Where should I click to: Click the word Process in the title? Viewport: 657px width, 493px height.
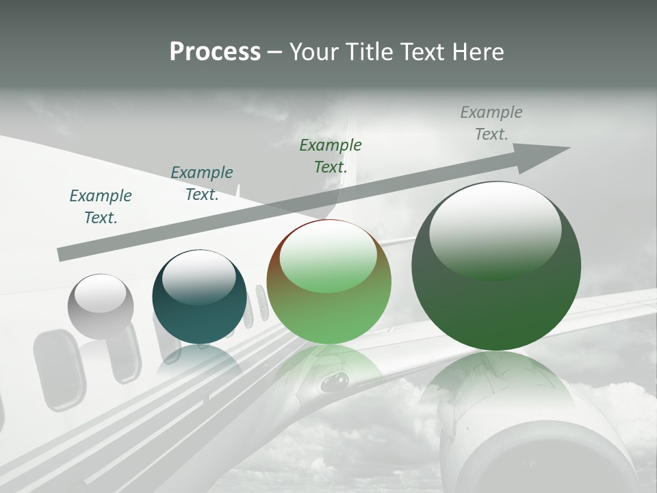[x=215, y=52]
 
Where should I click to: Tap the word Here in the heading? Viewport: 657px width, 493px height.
[x=477, y=52]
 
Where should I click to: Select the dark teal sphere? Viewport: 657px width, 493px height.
[x=199, y=296]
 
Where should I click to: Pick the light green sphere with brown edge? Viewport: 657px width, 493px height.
[x=329, y=282]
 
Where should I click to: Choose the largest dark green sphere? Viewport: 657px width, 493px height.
[x=496, y=266]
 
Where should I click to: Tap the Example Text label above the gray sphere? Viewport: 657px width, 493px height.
[x=101, y=207]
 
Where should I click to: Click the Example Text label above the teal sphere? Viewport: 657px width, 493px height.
[x=202, y=184]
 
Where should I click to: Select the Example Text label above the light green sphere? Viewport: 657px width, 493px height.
[x=331, y=156]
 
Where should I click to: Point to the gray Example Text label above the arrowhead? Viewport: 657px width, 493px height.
[x=491, y=123]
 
